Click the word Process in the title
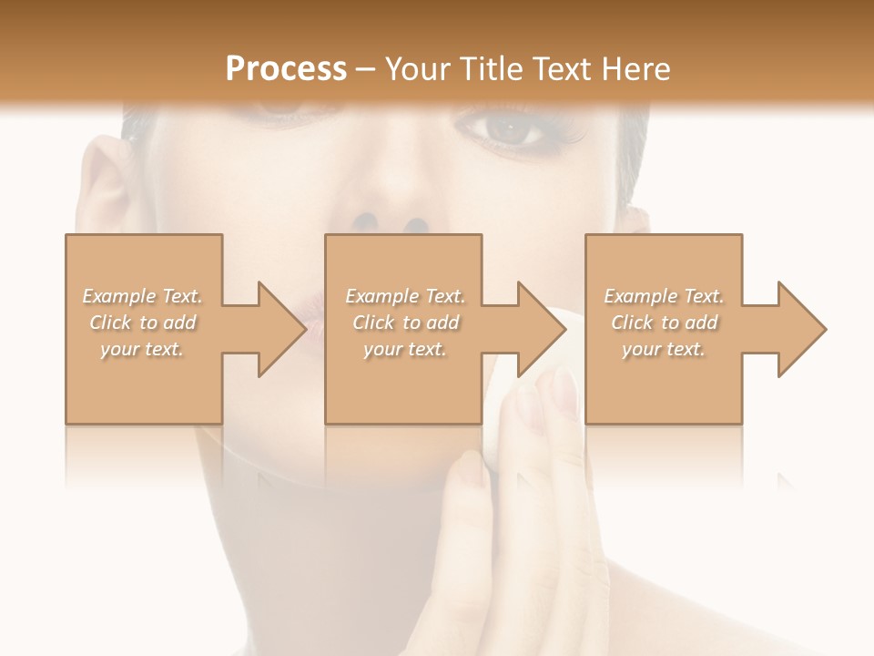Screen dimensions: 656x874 point(286,68)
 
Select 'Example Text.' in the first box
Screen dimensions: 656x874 point(142,296)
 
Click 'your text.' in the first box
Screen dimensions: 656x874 point(142,349)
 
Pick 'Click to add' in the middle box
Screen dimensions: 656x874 point(405,323)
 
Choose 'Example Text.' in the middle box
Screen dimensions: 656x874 point(405,296)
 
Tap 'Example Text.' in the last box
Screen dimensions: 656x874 point(664,296)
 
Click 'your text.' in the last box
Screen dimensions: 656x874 point(664,349)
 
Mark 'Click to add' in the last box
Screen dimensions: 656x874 point(664,323)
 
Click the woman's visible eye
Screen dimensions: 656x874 point(512,131)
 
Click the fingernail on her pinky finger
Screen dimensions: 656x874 point(565,393)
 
